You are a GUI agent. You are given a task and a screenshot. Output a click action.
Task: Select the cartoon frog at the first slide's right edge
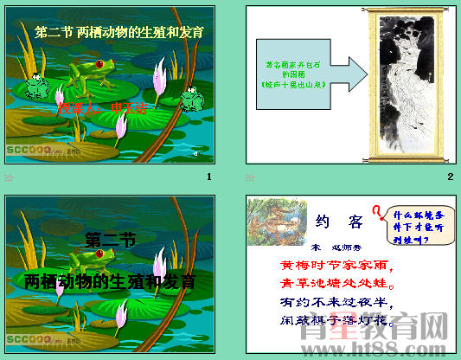pos(193,100)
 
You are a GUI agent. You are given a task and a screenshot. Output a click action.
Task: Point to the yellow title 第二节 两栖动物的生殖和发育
pos(119,33)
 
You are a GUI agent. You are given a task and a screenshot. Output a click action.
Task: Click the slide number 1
pos(208,177)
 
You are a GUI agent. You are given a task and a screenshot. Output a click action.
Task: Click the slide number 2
pos(450,177)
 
